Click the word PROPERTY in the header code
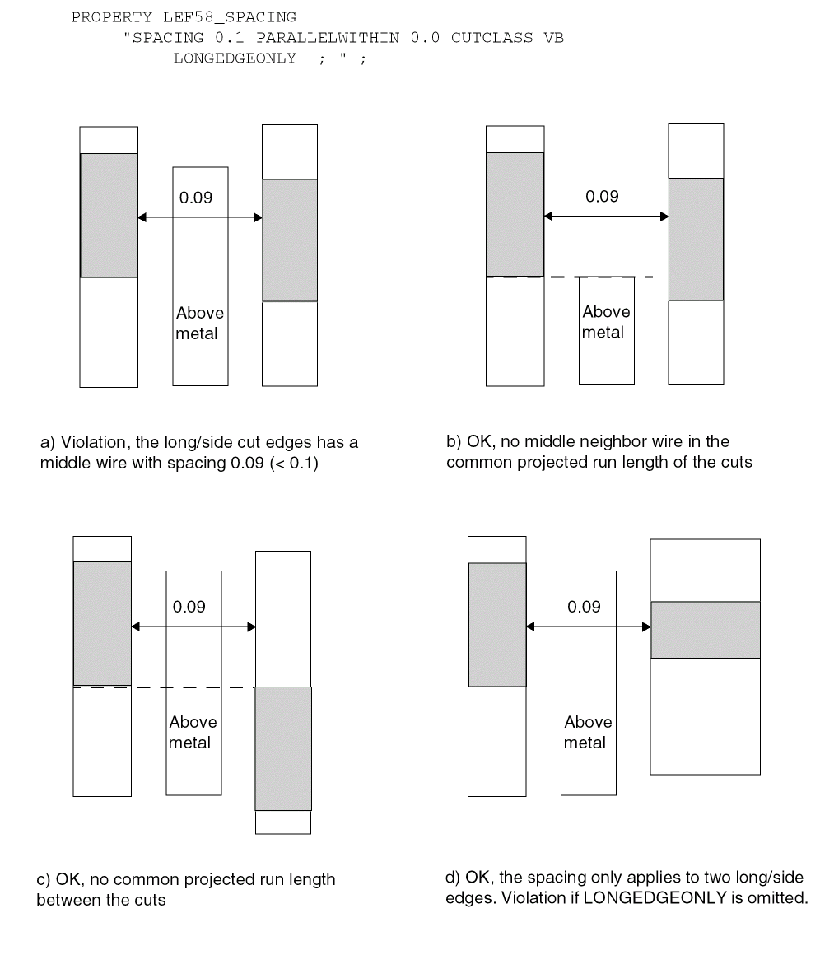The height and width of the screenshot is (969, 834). click(x=111, y=17)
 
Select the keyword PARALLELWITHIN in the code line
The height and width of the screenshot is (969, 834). click(x=328, y=38)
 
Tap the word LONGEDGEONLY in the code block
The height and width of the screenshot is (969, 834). click(x=235, y=58)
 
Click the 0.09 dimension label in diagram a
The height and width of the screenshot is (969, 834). click(x=196, y=198)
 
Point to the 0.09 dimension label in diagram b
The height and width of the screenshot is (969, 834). click(x=603, y=197)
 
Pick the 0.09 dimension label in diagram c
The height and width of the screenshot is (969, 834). click(x=189, y=607)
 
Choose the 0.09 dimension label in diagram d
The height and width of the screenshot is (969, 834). click(x=584, y=607)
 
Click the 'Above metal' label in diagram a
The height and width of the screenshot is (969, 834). click(x=199, y=324)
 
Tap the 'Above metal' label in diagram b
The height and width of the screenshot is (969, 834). click(x=606, y=322)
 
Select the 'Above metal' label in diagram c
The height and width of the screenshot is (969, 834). click(x=193, y=733)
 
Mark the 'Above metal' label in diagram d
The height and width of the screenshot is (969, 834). click(x=588, y=733)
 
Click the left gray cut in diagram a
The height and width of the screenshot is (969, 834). click(x=109, y=216)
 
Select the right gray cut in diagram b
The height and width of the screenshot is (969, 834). click(x=697, y=239)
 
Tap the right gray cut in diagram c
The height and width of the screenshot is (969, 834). click(x=283, y=748)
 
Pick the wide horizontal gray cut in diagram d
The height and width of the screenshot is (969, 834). click(x=706, y=630)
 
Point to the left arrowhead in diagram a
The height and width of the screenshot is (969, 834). click(x=142, y=217)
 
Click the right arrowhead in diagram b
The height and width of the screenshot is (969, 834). click(x=664, y=217)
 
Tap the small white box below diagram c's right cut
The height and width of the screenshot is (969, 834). click(x=283, y=822)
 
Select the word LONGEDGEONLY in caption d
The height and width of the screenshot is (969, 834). click(x=655, y=898)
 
